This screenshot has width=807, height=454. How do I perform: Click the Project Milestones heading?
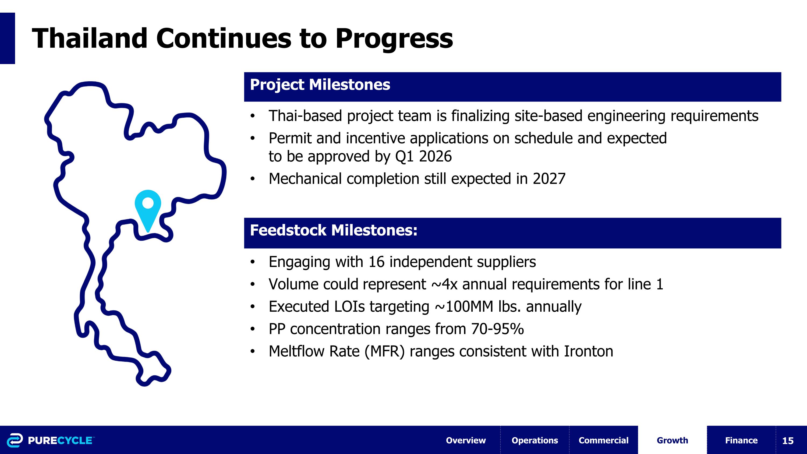pos(320,85)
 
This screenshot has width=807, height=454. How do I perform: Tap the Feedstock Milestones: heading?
pos(334,230)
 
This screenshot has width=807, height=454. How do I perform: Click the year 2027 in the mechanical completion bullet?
pos(549,179)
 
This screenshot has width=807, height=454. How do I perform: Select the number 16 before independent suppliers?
pos(376,262)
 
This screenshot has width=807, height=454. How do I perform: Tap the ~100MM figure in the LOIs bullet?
pos(464,307)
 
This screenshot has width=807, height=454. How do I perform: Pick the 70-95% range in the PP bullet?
pos(497,329)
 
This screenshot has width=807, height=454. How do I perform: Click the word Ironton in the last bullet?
pos(588,351)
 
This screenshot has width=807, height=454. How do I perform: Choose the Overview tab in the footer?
pos(466,440)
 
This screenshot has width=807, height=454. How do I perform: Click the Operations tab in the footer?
pos(535,440)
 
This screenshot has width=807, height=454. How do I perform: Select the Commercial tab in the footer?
pos(603,440)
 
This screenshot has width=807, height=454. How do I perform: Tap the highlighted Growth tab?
pos(672,440)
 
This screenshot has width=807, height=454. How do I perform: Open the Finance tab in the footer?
pos(741,440)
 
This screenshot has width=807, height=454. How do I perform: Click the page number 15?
pos(788,441)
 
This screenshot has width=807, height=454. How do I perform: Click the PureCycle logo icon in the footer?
pos(15,440)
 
